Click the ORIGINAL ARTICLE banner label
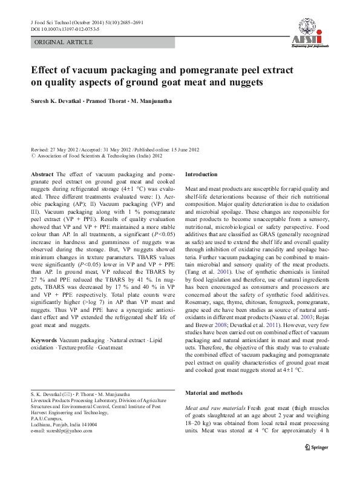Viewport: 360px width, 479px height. [x=64, y=42]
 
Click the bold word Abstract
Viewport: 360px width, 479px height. [x=42, y=174]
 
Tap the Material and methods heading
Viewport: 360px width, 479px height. [x=214, y=393]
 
